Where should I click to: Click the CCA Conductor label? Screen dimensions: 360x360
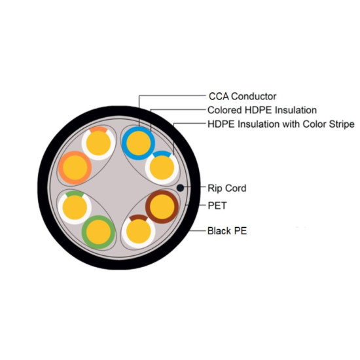pyautogui.click(x=242, y=96)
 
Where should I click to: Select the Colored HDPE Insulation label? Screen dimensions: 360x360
pyautogui.click(x=262, y=110)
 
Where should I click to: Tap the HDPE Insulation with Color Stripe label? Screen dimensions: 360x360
pyautogui.click(x=281, y=124)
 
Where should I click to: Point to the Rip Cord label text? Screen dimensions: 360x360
pyautogui.click(x=227, y=188)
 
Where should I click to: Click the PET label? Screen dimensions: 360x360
pyautogui.click(x=217, y=206)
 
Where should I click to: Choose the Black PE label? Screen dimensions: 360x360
pyautogui.click(x=227, y=231)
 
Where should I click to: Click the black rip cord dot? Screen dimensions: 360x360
pyautogui.click(x=180, y=188)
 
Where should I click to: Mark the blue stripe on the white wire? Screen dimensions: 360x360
pyautogui.click(x=162, y=153)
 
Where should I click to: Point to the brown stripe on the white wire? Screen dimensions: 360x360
pyautogui.click(x=138, y=217)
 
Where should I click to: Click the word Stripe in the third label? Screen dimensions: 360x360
pyautogui.click(x=342, y=124)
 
